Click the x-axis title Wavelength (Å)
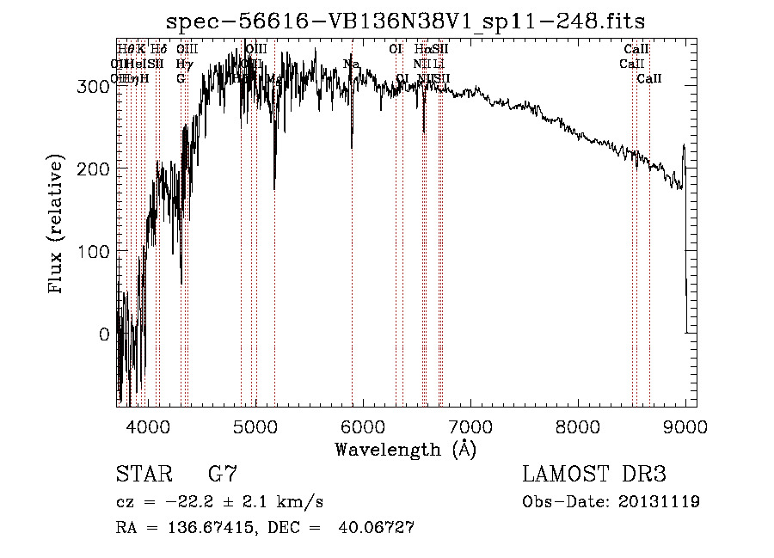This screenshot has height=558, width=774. pos(406,449)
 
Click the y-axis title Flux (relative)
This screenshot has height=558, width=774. pos(57,225)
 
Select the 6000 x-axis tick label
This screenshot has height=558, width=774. pos(362,426)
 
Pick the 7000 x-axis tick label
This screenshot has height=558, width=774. pos(470,426)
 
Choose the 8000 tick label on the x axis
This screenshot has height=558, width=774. pos(578,426)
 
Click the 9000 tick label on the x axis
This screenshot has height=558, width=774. pos(685,426)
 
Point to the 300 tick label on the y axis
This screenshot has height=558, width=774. pos(93,86)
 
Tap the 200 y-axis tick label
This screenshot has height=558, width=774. pos(93,169)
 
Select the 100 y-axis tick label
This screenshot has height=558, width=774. pos(93,251)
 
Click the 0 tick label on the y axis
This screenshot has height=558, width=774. pos(104,334)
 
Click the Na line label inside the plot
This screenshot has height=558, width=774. pos(351,64)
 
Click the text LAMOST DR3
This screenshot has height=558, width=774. pos(594,475)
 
